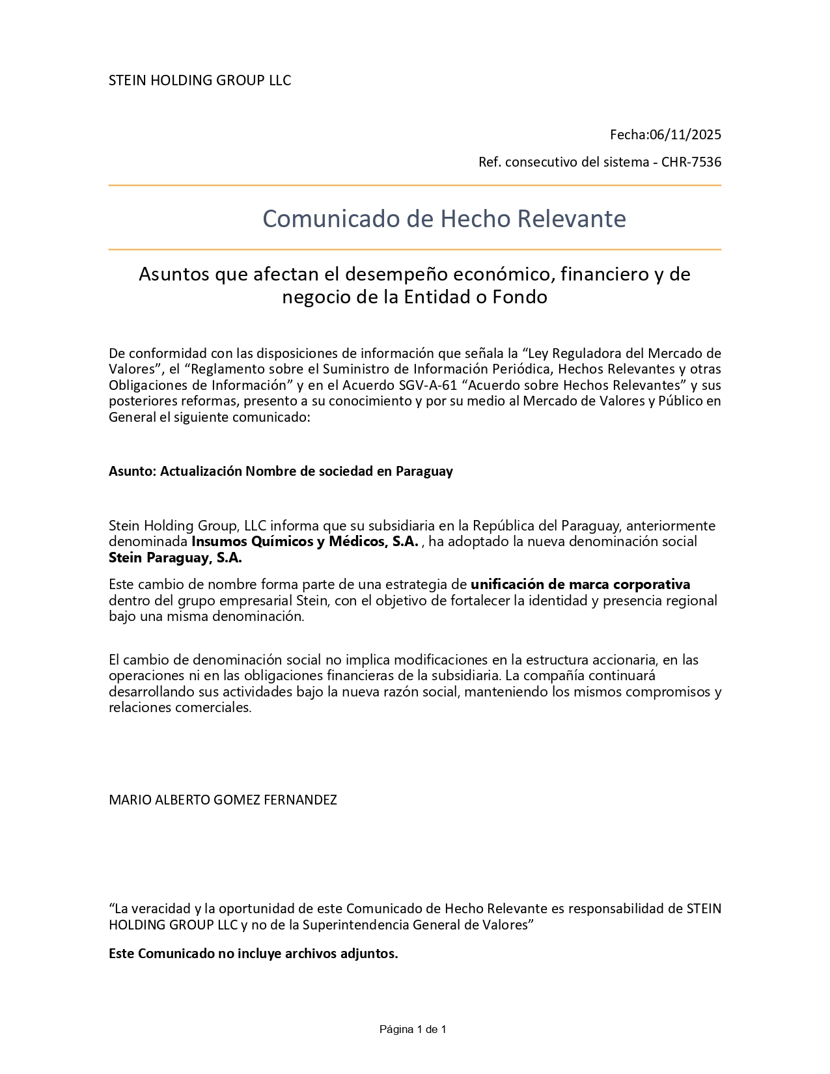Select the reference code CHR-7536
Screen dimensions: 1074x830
click(691, 162)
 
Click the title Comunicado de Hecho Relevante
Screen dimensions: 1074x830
click(444, 219)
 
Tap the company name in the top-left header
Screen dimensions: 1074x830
click(200, 81)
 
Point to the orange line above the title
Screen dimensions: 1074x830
click(415, 186)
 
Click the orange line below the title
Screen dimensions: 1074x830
click(415, 249)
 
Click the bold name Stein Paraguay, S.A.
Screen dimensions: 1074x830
click(175, 558)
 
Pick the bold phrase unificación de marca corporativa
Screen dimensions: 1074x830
click(580, 584)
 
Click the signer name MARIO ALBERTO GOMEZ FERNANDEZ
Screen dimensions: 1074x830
click(223, 800)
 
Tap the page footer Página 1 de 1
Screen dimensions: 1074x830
click(413, 1029)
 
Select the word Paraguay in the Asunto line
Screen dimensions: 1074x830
click(424, 471)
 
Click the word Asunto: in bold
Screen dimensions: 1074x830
click(132, 471)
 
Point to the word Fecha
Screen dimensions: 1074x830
click(629, 135)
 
